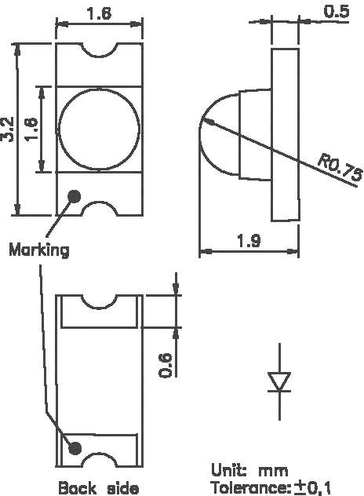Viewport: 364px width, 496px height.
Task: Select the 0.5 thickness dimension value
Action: (337, 11)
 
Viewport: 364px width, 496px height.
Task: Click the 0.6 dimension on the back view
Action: (166, 363)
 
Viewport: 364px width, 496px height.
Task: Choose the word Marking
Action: (39, 250)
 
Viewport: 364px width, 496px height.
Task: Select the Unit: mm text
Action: (249, 470)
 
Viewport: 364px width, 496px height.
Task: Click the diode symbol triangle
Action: (280, 381)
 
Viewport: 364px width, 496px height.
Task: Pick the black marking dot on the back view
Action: (75, 447)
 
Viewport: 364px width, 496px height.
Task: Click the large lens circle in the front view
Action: (99, 129)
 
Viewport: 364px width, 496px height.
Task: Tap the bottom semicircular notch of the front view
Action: (99, 207)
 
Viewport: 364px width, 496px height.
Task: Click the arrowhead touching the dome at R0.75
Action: (206, 121)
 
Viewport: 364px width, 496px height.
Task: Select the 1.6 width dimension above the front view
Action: (99, 13)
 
